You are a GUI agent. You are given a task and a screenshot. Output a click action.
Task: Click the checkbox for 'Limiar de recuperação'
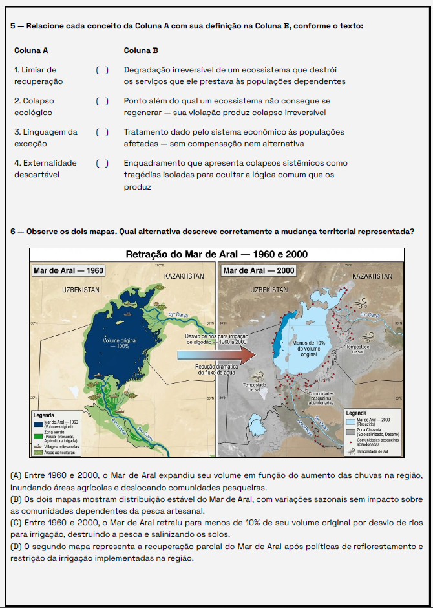click(102, 70)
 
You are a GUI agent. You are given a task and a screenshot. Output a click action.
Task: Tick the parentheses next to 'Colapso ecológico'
click(102, 101)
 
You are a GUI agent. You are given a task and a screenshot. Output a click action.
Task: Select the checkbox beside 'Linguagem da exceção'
click(102, 132)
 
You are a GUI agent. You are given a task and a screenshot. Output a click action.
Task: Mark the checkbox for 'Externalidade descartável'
click(102, 163)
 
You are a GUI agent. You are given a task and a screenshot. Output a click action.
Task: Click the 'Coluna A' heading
click(31, 50)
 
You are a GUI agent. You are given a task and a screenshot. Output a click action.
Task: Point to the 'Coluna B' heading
click(141, 50)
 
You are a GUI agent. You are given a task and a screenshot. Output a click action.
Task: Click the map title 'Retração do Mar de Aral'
click(216, 254)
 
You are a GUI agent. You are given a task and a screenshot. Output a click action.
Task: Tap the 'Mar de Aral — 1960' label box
click(69, 270)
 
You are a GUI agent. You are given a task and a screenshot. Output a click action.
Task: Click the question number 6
click(13, 231)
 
